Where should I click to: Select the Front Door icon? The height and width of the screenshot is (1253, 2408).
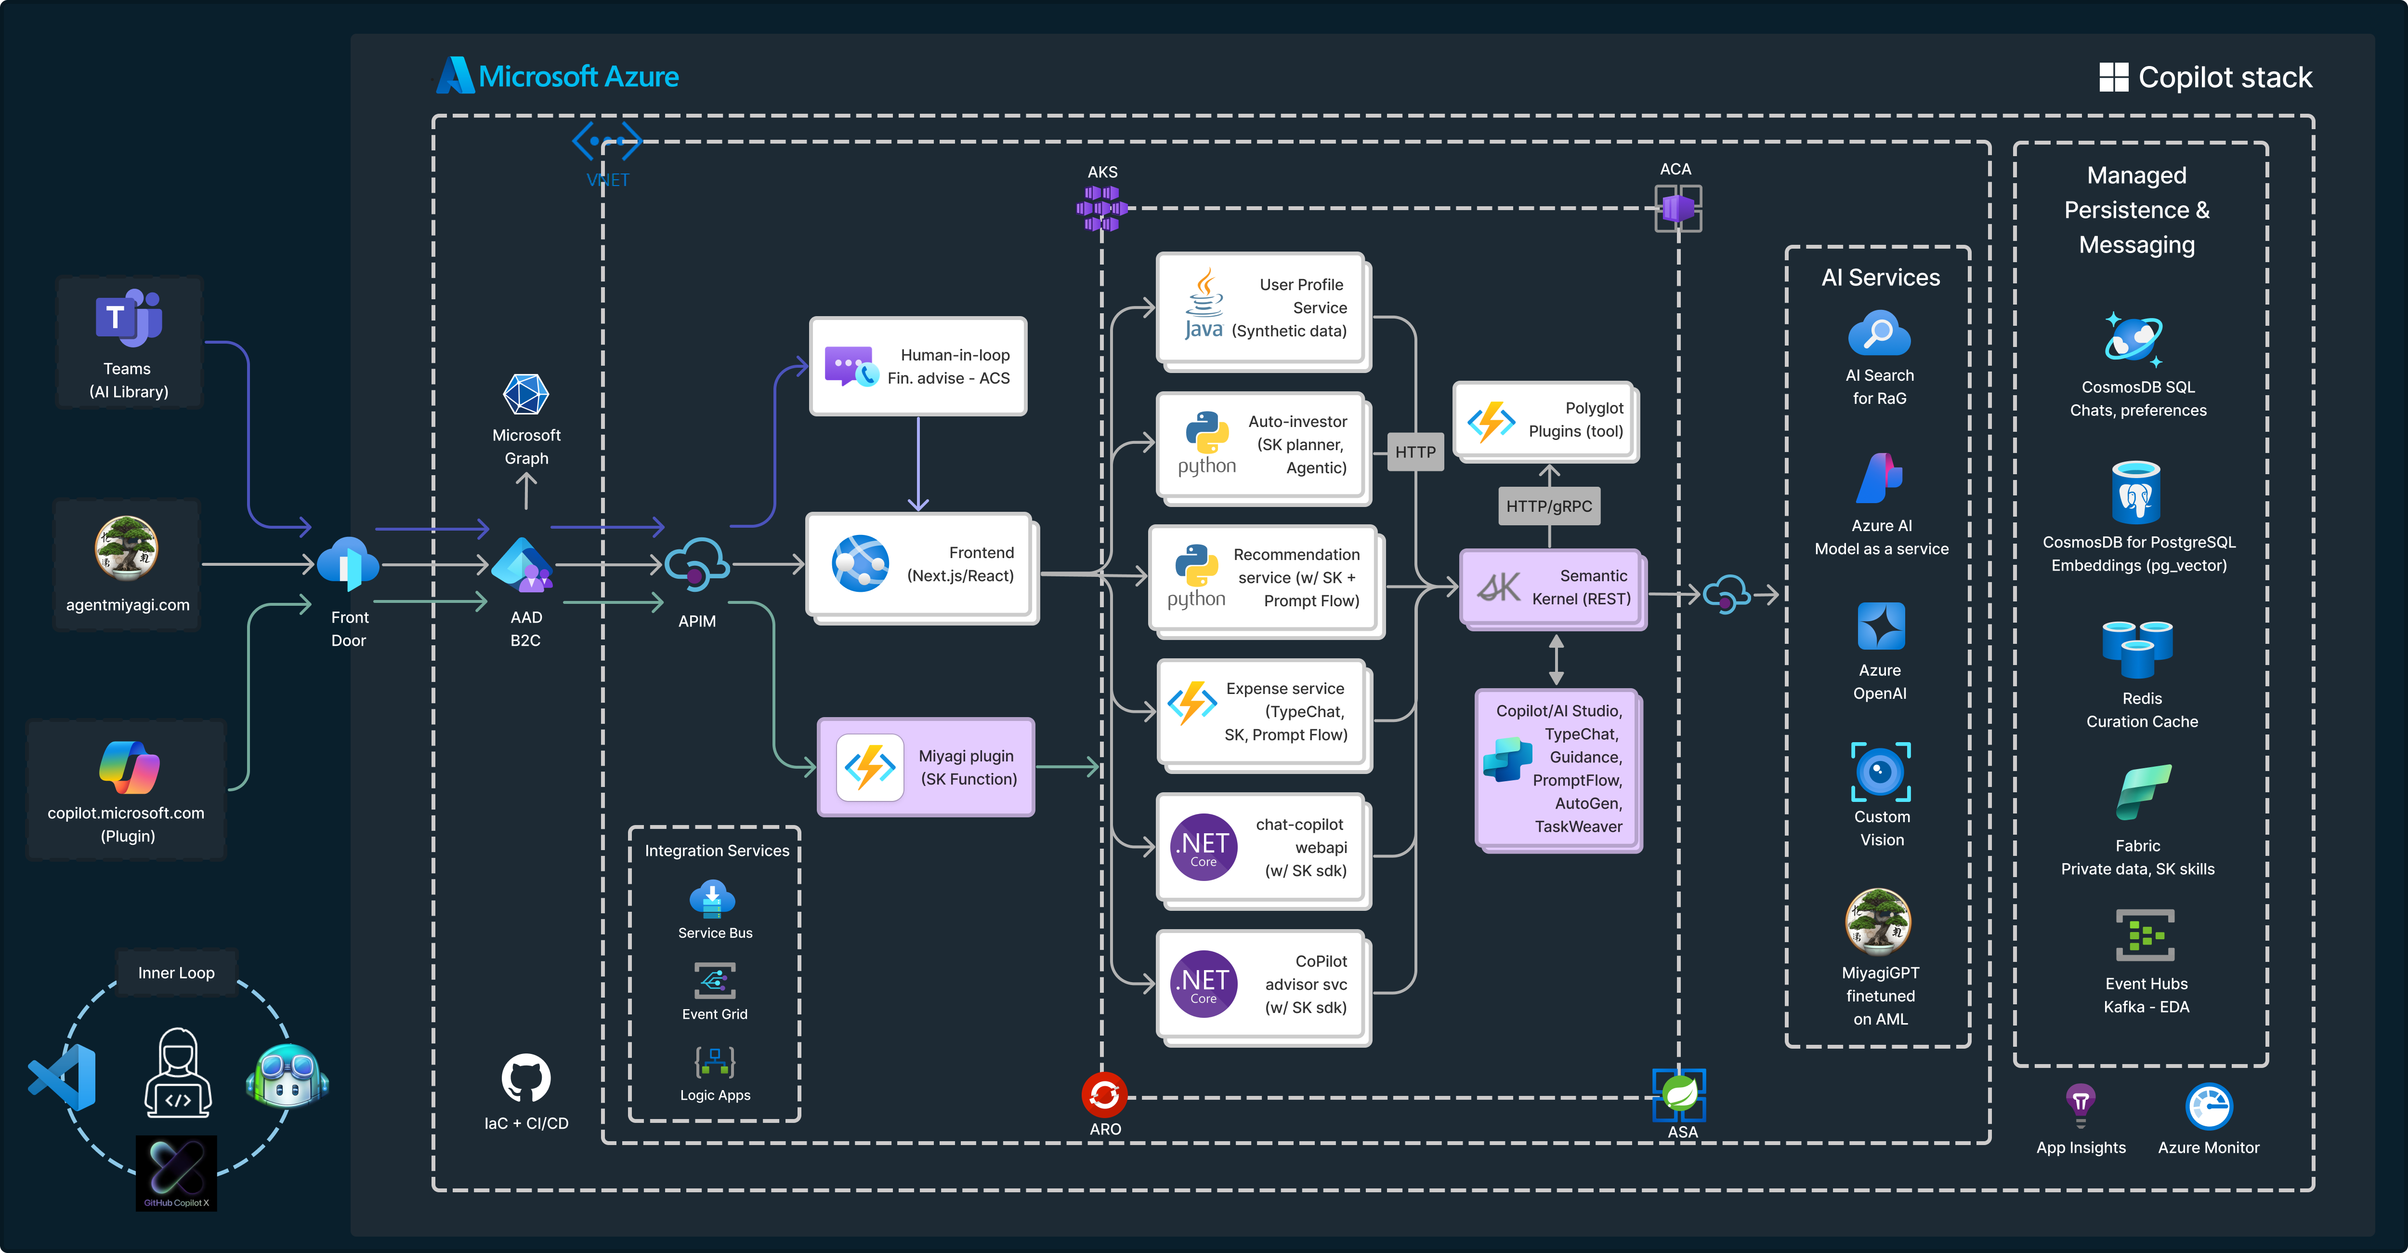[x=348, y=564]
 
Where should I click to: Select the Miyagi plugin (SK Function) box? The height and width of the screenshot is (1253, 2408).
[x=926, y=767]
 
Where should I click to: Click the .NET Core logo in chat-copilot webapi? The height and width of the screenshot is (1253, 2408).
[x=1204, y=846]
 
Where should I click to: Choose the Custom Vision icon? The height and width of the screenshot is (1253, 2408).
[x=1881, y=772]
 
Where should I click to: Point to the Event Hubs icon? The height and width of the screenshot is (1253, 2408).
[x=2146, y=935]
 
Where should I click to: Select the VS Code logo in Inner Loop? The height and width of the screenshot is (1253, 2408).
[x=64, y=1077]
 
